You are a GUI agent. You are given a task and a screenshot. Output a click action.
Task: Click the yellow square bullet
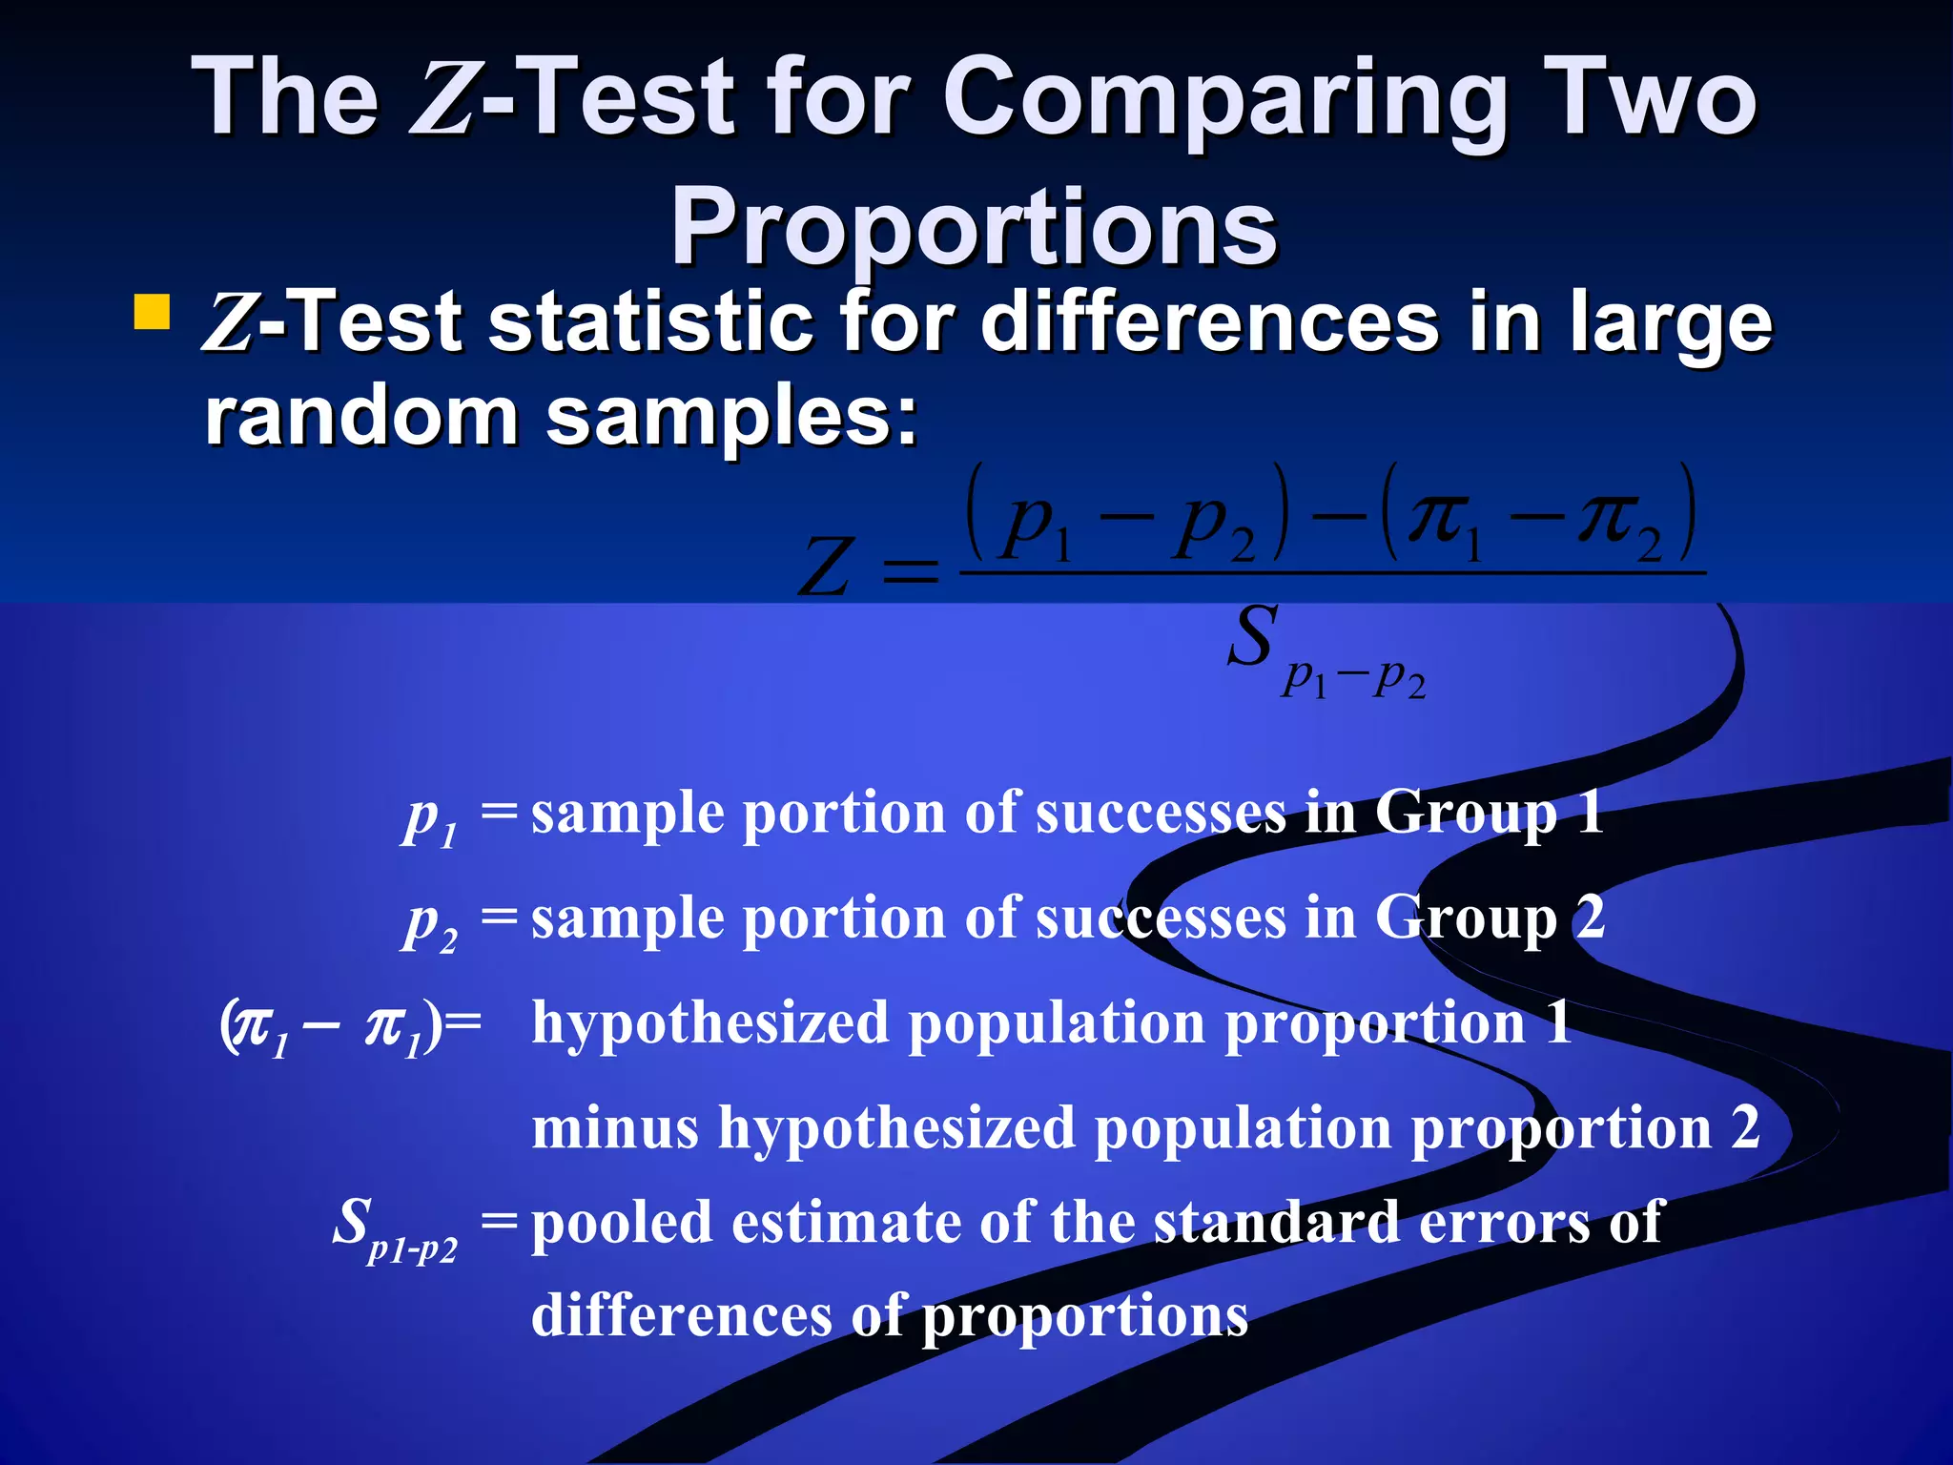tap(153, 312)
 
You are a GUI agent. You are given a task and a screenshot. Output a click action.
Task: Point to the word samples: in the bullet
tap(731, 417)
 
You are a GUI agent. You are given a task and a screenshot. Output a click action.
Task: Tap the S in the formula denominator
tap(1251, 636)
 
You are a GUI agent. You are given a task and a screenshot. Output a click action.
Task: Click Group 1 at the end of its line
tap(1489, 814)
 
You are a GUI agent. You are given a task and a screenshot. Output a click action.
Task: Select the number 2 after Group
tap(1589, 918)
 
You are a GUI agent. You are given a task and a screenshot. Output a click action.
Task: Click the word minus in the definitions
tap(615, 1127)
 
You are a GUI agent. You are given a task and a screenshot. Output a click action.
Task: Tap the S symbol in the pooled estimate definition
tap(354, 1222)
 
